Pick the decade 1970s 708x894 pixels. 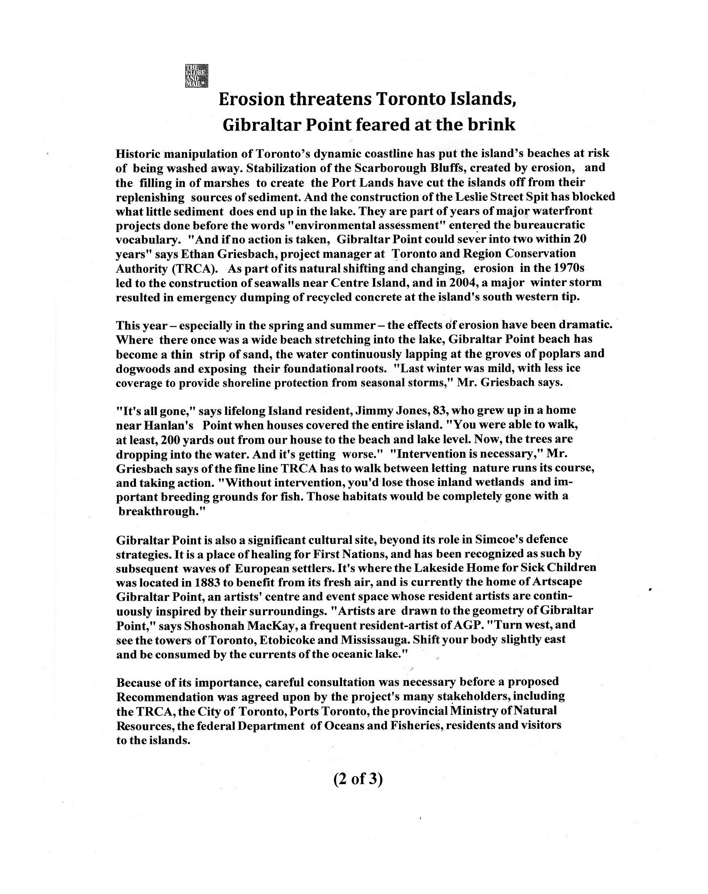[x=569, y=269]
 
